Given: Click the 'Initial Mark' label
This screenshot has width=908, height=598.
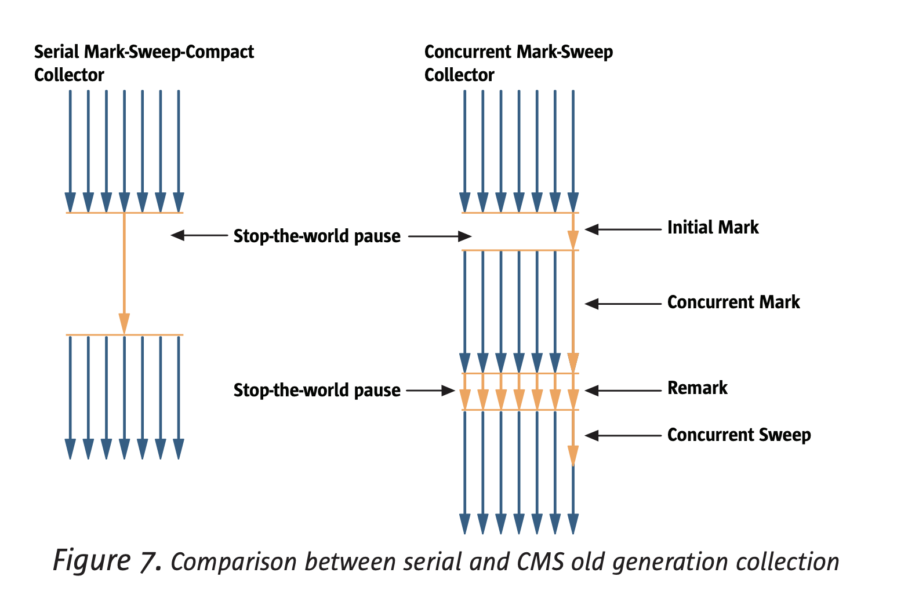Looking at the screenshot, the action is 713,227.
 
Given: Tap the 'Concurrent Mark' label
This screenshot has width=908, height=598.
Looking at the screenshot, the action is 733,302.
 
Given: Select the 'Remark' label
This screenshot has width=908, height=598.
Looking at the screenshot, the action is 697,388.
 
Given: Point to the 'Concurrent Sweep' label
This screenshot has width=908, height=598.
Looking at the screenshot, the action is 739,435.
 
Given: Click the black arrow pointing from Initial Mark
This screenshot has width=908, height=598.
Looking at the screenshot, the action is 623,229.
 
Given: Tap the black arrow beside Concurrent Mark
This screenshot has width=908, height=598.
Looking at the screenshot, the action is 623,304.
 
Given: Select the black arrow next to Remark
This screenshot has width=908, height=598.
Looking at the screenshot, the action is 623,391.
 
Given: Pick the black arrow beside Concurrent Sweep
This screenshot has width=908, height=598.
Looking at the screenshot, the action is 623,436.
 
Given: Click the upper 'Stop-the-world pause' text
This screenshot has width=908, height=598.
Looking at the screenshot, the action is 317,236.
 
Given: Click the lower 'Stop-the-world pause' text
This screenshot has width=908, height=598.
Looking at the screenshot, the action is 317,390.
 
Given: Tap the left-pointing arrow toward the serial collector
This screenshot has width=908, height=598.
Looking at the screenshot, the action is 199,235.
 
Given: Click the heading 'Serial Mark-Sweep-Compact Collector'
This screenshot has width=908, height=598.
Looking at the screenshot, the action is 144,63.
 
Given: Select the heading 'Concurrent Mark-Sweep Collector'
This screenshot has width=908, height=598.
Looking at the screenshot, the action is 518,63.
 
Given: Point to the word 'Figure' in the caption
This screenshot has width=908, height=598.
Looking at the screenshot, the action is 92,560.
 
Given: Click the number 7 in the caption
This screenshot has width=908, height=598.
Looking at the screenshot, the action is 150,561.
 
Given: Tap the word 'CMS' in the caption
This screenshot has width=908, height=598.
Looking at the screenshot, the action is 540,562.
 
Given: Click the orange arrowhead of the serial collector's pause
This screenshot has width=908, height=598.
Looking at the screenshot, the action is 125,324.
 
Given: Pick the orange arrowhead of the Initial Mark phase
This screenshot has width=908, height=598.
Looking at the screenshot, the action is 573,240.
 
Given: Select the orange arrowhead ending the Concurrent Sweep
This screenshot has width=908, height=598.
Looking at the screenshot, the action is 573,456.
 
